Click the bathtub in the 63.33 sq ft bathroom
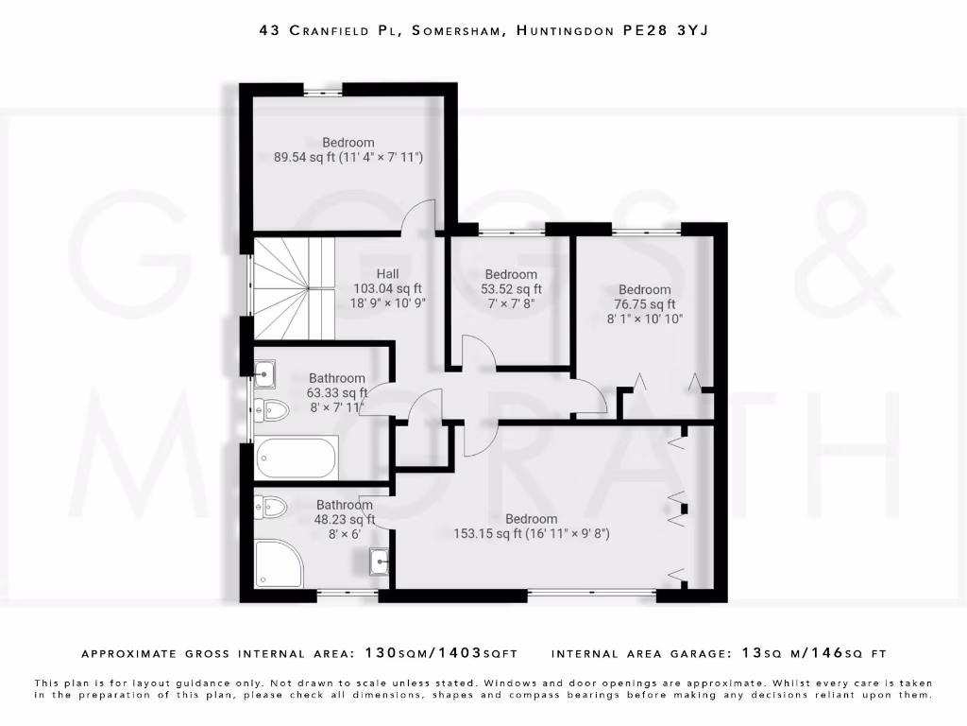297,458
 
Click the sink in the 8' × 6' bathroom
380,562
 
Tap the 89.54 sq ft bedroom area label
348,158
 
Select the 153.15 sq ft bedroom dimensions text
532,534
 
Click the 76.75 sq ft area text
646,304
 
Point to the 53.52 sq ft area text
511,289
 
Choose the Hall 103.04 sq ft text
387,288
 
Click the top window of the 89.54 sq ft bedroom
323,90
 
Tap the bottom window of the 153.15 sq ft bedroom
591,594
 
